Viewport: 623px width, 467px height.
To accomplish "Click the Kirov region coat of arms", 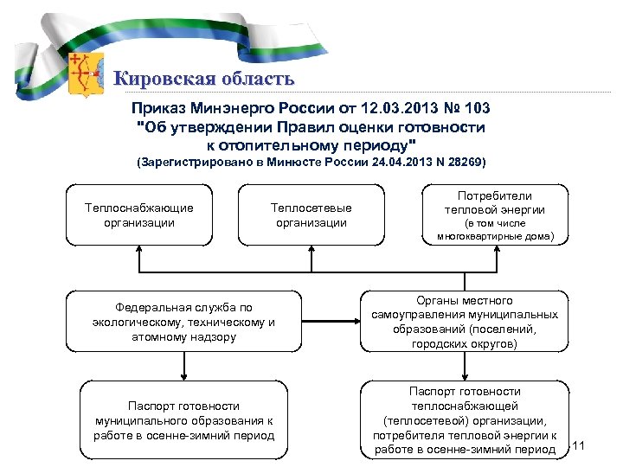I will click(x=84, y=72).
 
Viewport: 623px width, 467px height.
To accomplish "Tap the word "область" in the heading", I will click(x=255, y=80).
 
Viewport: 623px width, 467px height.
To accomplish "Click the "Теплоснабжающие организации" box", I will click(x=138, y=215).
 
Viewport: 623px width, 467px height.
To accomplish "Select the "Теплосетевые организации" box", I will click(x=311, y=215).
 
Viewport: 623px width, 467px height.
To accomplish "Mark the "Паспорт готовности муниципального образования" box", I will click(x=183, y=419).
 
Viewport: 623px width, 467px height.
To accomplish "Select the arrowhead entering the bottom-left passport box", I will click(x=183, y=375).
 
